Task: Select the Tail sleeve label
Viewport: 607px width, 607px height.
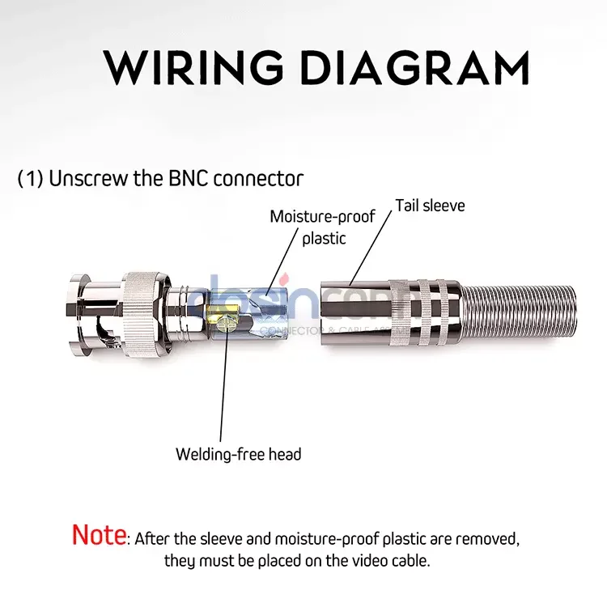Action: tap(430, 206)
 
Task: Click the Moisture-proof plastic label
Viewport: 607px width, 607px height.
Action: tap(323, 227)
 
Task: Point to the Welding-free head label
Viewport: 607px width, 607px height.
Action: tap(239, 454)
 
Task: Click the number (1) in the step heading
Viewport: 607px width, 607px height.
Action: tap(30, 179)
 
